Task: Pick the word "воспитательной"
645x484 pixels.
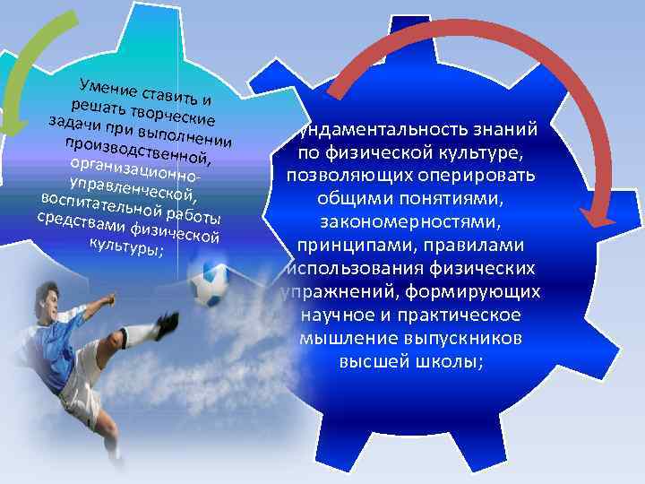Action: point(98,201)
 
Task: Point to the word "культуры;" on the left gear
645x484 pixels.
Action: point(125,246)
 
